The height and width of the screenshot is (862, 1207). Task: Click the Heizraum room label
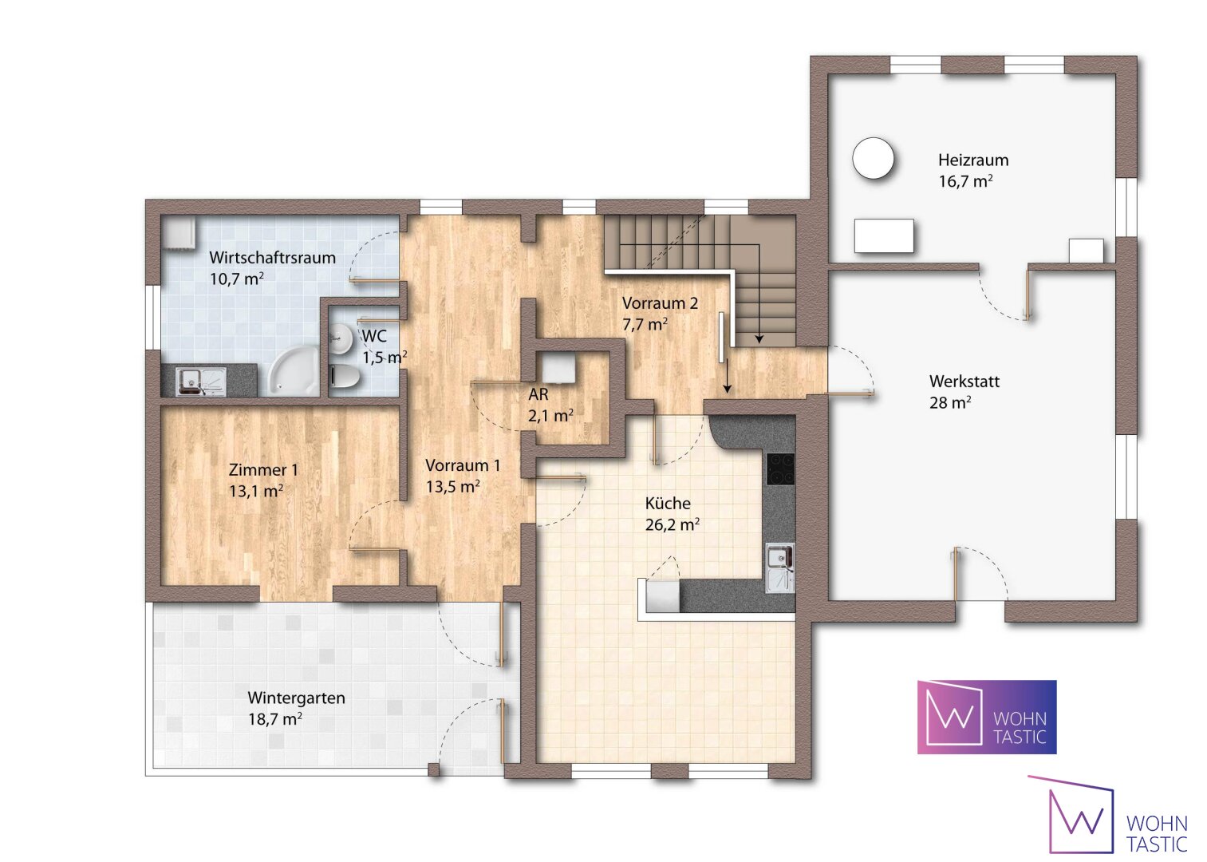click(x=973, y=160)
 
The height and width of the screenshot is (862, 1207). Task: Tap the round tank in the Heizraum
click(x=873, y=159)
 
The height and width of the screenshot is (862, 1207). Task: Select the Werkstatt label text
click(x=964, y=382)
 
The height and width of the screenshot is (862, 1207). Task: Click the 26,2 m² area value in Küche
click(x=673, y=524)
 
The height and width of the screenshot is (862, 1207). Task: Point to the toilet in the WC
click(x=345, y=375)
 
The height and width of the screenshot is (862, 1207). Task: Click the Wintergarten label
click(x=296, y=698)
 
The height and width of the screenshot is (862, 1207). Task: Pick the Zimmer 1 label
click(x=263, y=470)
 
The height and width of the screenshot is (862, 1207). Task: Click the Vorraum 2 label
click(x=660, y=303)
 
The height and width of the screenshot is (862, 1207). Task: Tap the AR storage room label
click(x=538, y=394)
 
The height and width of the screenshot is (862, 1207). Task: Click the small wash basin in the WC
click(x=339, y=337)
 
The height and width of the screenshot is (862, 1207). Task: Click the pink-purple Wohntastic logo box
click(x=987, y=717)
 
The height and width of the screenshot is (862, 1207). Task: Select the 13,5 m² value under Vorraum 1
click(x=453, y=487)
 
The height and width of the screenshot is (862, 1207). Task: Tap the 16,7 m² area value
click(x=965, y=182)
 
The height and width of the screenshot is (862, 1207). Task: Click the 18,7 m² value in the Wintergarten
click(x=274, y=720)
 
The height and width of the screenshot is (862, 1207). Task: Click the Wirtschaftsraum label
click(x=272, y=258)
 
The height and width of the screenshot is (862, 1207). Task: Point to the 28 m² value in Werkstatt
click(x=950, y=403)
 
